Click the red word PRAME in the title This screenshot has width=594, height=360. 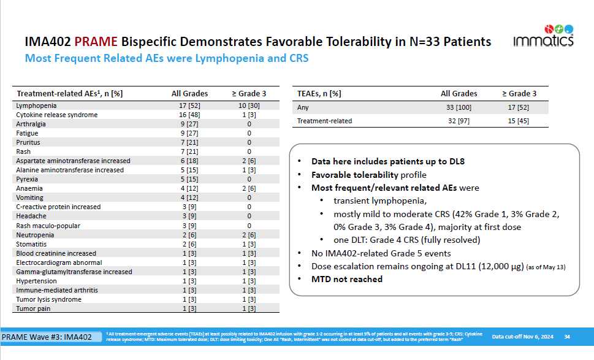(97, 42)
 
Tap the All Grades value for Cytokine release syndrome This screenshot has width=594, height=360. (189, 115)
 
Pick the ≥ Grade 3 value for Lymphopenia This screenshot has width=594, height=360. (249, 105)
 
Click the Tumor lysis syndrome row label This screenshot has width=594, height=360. (48, 299)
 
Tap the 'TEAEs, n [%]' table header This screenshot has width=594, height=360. (319, 93)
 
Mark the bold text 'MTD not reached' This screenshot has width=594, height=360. (347, 279)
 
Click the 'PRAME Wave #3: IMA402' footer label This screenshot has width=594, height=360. (47, 337)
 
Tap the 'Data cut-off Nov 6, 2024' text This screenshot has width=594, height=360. (522, 336)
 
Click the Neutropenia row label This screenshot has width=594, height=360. (35, 234)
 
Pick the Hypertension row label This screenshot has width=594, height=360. (37, 281)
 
